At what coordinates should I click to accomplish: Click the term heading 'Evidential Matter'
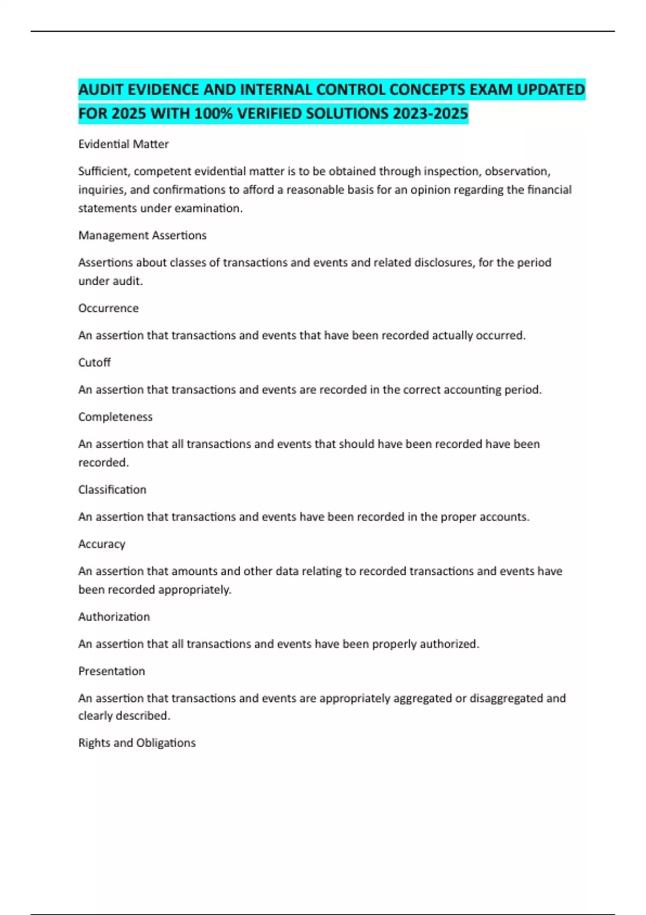123,144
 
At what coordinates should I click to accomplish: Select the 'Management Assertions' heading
142,236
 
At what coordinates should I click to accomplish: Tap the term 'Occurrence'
108,308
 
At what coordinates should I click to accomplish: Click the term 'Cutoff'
94,363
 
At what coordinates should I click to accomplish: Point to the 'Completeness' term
115,417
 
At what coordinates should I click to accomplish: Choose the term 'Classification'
112,490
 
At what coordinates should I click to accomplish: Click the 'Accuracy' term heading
102,544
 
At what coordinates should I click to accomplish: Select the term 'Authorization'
114,617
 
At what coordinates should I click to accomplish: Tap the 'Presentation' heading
111,671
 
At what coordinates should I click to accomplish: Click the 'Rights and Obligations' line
137,743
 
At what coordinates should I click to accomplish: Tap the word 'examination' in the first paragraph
212,208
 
